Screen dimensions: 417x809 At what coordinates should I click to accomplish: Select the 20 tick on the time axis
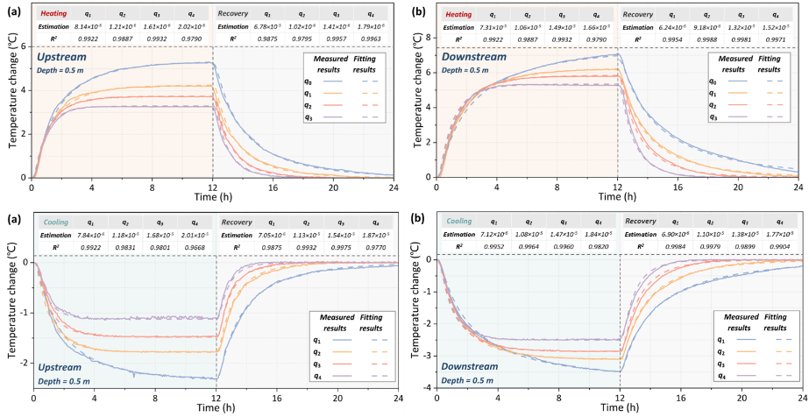(x=742, y=399)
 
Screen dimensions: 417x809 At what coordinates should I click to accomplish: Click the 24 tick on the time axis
(x=802, y=399)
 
